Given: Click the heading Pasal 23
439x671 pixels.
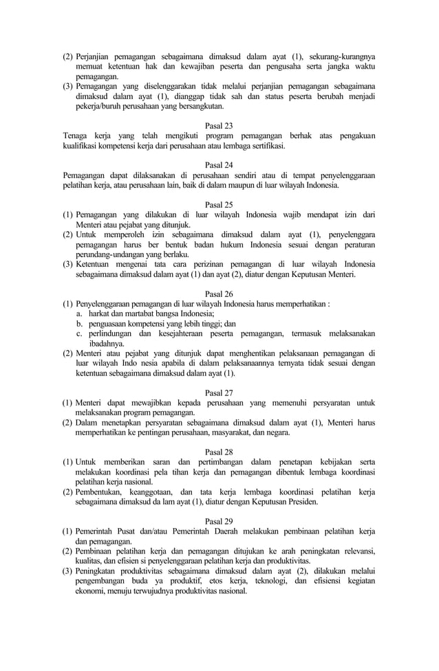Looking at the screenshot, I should click(x=219, y=126).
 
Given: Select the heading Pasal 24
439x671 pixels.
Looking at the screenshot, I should click(x=219, y=165).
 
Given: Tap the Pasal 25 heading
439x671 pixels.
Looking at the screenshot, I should click(x=219, y=204).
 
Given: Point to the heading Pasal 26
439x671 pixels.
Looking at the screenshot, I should click(x=219, y=293).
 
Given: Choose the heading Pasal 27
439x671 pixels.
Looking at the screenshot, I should click(x=219, y=393).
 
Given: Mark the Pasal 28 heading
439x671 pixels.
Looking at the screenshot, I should click(x=219, y=452).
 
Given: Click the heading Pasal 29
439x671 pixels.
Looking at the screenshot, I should click(x=219, y=521).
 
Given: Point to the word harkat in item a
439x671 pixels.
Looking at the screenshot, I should click(x=100, y=313).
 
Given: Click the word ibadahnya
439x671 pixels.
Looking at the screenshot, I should click(x=106, y=343).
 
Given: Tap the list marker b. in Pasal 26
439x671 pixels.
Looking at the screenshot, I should click(x=81, y=323).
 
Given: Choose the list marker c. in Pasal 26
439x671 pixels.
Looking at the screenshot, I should click(x=80, y=333).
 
